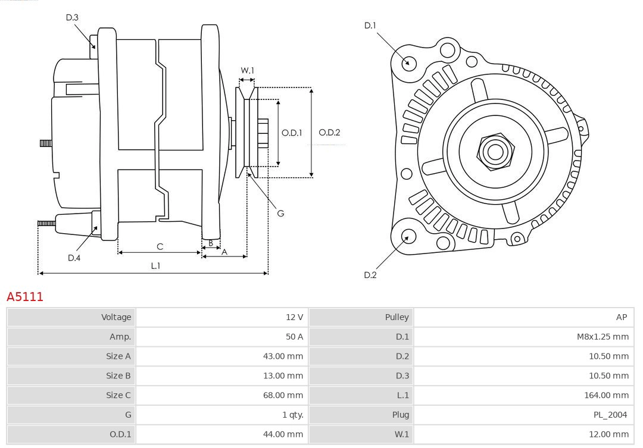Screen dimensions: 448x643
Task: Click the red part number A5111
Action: click(x=25, y=296)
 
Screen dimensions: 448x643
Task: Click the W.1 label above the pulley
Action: click(x=248, y=71)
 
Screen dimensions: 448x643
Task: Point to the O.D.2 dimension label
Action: click(x=329, y=133)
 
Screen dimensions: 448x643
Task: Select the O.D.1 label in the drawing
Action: click(x=292, y=133)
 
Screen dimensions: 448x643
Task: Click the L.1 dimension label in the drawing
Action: click(x=155, y=266)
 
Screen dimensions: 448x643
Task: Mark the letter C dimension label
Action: click(x=160, y=246)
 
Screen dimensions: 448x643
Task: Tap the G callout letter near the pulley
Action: click(x=280, y=213)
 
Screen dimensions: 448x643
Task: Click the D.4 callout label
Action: click(x=74, y=258)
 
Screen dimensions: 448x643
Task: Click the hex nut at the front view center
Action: click(x=495, y=152)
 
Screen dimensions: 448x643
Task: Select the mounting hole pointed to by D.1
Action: click(x=408, y=62)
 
